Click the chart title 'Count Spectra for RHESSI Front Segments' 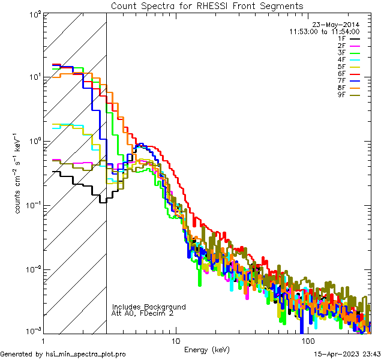point(207,6)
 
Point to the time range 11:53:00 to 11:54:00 point(324,31)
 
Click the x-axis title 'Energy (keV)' point(207,349)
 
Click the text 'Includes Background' point(149,307)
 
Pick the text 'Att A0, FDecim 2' point(143,313)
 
